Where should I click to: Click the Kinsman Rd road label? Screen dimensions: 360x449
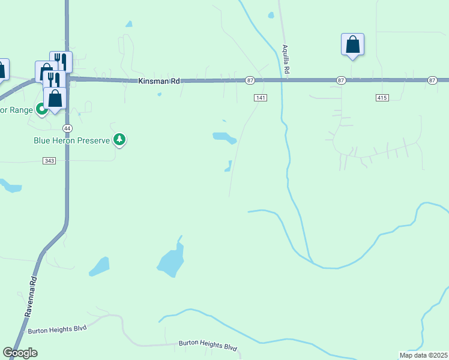click(x=159, y=80)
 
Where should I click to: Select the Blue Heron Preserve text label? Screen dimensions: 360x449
click(x=71, y=140)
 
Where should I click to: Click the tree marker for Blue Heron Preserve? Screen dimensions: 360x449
click(x=120, y=140)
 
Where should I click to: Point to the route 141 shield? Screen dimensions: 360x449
click(x=259, y=97)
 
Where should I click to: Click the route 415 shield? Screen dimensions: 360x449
click(x=382, y=97)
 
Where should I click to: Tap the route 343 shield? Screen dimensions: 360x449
click(x=49, y=160)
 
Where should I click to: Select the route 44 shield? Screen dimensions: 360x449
click(x=67, y=128)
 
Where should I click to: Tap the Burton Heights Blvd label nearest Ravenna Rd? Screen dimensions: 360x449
click(x=58, y=329)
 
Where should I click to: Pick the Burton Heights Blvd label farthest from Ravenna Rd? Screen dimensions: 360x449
click(x=208, y=346)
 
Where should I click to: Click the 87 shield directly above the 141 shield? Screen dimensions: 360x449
click(x=250, y=80)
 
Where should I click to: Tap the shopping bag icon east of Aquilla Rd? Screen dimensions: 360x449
click(x=352, y=44)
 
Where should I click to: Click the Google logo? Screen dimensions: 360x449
click(x=20, y=353)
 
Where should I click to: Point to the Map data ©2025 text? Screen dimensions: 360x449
click(x=423, y=355)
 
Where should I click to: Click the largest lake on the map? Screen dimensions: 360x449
click(x=171, y=262)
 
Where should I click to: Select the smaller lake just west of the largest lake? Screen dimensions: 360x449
click(x=100, y=266)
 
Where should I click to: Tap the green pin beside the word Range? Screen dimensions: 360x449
click(x=41, y=109)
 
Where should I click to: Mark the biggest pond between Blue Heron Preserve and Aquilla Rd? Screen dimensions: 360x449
click(x=224, y=138)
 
